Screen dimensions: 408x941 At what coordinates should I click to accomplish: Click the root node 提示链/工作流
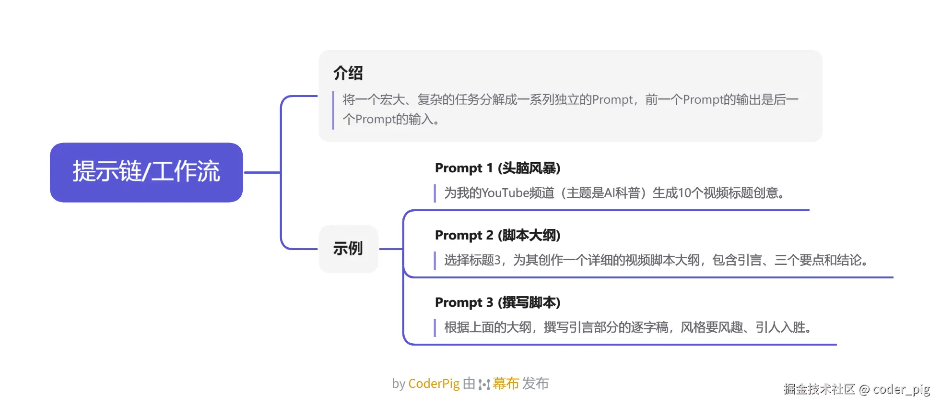coord(146,172)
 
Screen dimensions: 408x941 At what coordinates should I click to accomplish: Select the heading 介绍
coord(348,73)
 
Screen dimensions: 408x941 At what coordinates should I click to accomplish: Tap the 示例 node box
coord(348,249)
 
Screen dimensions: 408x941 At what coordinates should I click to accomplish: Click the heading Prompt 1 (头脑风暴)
coord(497,168)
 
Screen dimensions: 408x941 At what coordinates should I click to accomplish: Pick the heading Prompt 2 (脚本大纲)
coord(497,235)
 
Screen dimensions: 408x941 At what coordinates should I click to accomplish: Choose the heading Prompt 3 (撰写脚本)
coord(497,302)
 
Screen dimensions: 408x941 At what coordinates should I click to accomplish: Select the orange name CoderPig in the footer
coord(434,384)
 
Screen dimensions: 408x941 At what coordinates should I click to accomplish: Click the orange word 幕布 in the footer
coord(506,384)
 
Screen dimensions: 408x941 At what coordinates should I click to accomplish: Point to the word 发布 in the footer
coord(535,384)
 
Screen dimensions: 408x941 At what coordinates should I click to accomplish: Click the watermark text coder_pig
coord(901,389)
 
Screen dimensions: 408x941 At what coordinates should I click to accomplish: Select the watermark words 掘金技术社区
coord(819,389)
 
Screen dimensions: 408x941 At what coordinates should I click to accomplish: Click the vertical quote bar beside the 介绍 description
coord(333,110)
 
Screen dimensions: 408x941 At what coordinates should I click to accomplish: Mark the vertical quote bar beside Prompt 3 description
coord(435,327)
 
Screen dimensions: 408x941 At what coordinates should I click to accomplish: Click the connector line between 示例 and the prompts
coord(391,249)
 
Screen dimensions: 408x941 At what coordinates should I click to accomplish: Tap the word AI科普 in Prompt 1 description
coord(622,193)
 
